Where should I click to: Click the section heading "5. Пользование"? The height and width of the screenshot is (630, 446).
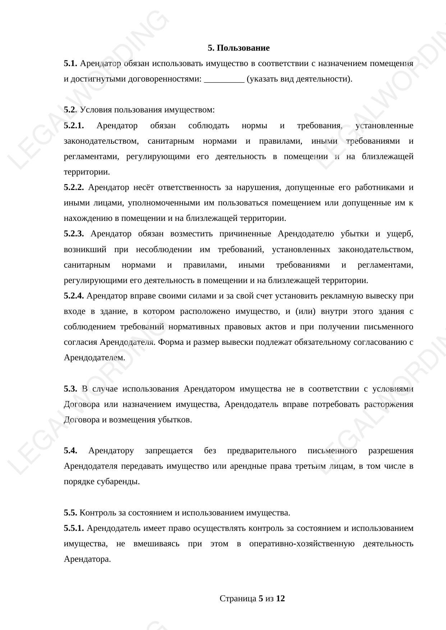[238, 48]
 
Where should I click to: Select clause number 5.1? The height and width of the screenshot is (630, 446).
[70, 64]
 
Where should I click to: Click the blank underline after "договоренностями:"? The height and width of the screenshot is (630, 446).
[224, 79]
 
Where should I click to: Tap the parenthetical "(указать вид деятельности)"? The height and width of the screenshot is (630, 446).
[299, 79]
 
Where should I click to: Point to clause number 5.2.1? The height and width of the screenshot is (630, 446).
[74, 126]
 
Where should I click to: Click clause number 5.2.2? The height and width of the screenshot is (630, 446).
[74, 187]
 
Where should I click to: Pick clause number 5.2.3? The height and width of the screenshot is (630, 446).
[74, 234]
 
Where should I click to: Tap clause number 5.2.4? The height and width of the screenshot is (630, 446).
[74, 296]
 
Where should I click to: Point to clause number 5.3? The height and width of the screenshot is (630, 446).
[70, 389]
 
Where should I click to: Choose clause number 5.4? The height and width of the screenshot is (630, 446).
[70, 451]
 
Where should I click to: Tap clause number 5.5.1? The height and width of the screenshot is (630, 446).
[74, 528]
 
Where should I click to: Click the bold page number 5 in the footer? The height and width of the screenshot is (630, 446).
[261, 599]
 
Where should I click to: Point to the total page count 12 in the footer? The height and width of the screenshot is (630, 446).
[281, 599]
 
